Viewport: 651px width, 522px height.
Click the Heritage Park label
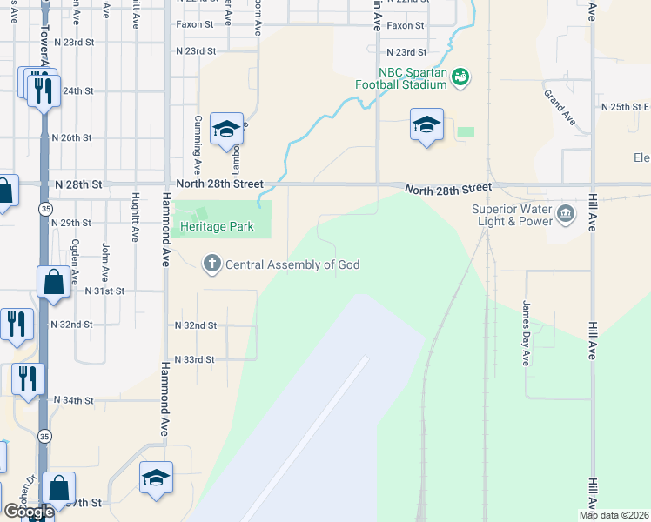[217, 226]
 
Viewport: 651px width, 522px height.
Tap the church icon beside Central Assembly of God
[211, 264]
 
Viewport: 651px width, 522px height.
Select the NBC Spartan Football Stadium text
[400, 77]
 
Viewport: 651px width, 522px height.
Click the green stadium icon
[460, 78]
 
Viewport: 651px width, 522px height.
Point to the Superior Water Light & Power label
[512, 215]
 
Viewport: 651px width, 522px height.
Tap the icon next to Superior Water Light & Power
[566, 213]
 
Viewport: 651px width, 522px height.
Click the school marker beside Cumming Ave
[226, 130]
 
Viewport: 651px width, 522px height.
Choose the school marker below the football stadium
[426, 124]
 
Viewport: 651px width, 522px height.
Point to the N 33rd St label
[194, 359]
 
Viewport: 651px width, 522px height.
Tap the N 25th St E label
[625, 107]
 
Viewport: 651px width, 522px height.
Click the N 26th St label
[72, 137]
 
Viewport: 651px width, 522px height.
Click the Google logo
[28, 512]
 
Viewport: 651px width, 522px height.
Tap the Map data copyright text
[613, 515]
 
